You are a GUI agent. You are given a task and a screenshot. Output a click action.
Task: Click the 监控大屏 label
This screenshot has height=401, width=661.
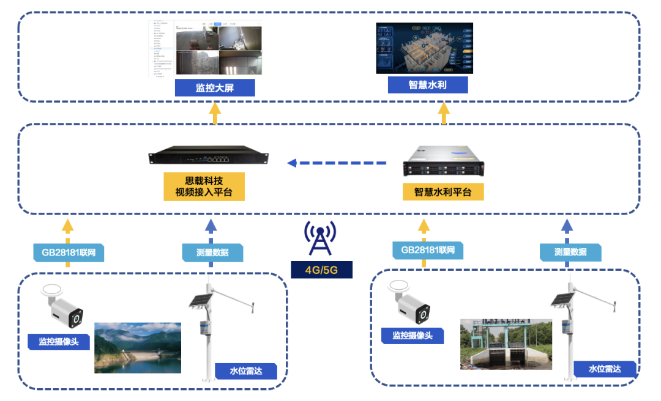coord(214,87)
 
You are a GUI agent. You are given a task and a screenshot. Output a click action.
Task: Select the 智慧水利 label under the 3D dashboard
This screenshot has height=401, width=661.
coord(428,84)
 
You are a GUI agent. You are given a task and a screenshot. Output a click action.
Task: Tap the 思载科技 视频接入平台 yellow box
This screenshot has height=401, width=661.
coord(204,186)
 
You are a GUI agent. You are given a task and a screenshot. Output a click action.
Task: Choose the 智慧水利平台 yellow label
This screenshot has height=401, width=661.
coord(443,191)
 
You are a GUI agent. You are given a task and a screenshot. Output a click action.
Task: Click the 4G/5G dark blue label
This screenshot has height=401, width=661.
coord(321,269)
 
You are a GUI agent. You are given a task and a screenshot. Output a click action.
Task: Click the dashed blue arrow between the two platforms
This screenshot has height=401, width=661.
coord(337,163)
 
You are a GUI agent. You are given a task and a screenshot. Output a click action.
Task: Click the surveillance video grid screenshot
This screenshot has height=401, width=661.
coord(218,50)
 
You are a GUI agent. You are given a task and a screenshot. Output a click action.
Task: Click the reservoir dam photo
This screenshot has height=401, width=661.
coord(138,347)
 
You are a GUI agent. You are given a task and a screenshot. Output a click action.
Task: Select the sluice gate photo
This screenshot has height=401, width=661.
coord(506,344)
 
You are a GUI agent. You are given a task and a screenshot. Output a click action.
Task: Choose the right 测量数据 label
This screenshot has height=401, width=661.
coord(570,251)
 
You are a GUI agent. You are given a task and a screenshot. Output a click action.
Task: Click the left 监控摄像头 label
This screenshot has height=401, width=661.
coord(59,342)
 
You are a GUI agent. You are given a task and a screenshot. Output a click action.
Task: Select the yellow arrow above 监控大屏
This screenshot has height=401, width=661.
coord(214,114)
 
